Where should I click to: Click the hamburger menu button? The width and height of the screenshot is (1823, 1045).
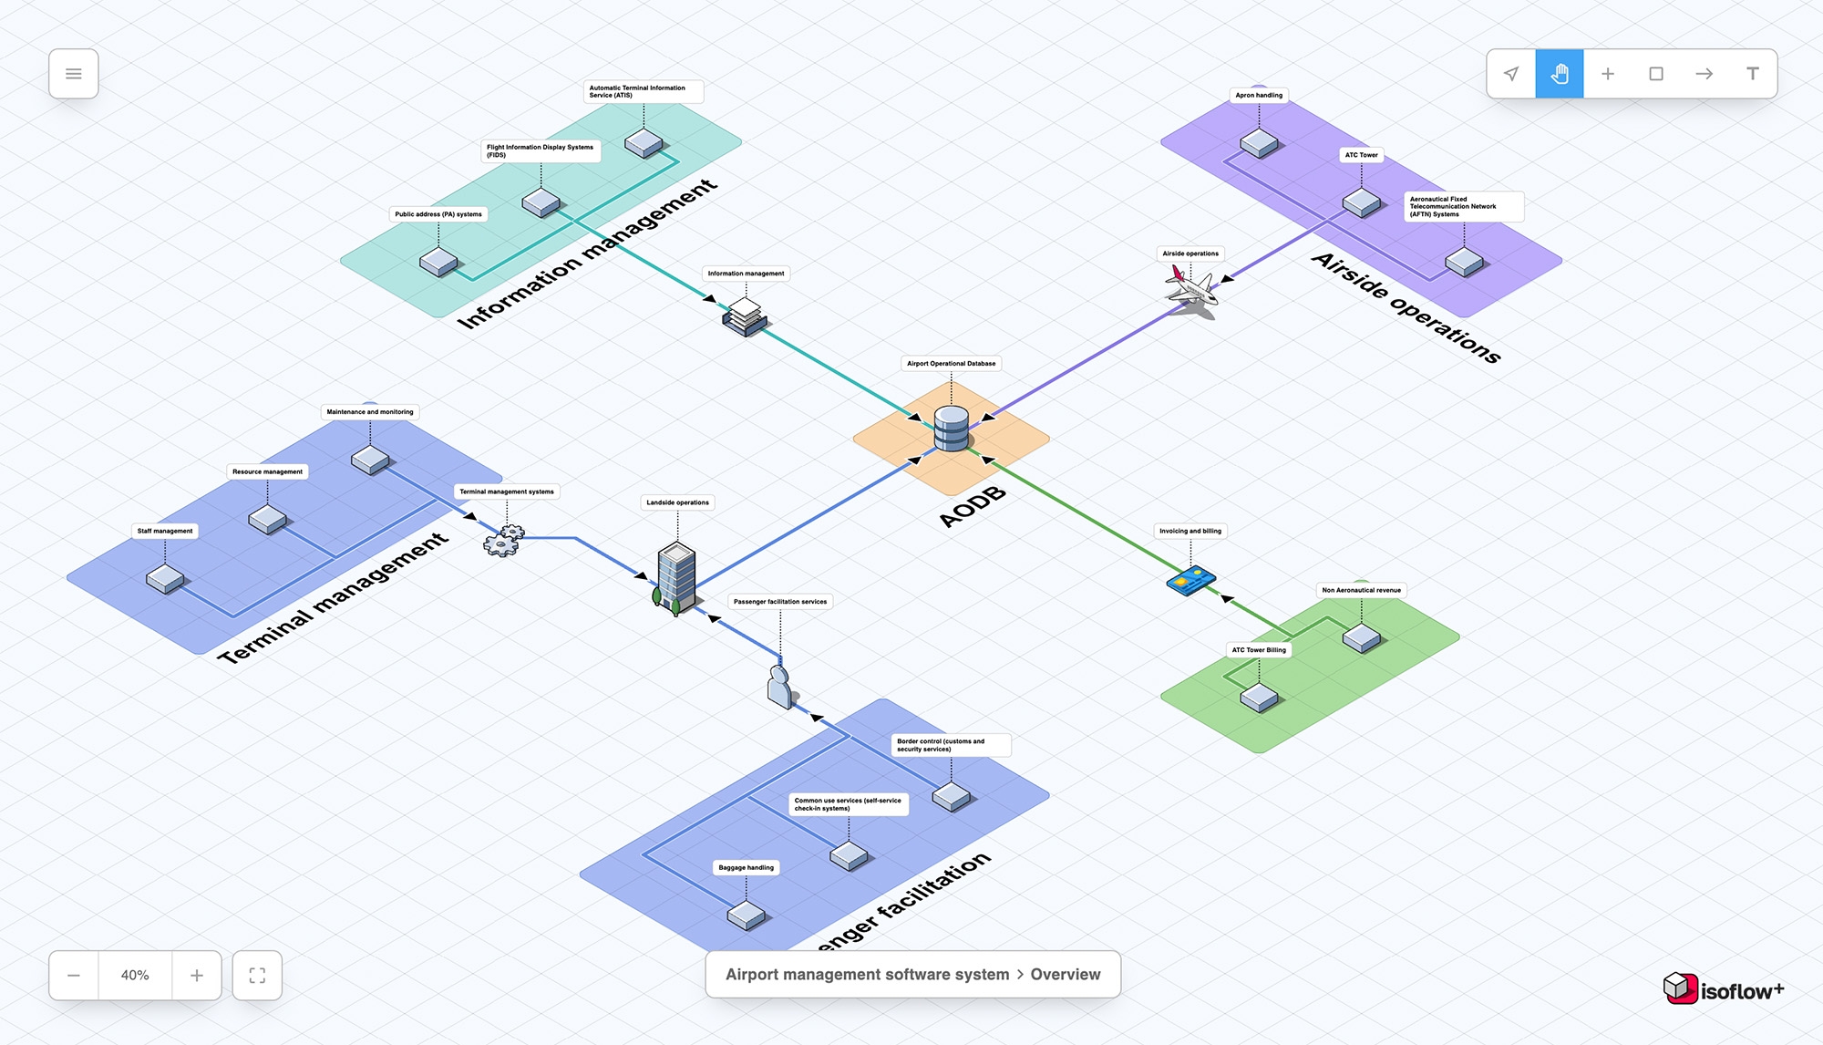[x=74, y=74]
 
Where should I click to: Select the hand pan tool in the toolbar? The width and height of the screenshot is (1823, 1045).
[x=1559, y=74]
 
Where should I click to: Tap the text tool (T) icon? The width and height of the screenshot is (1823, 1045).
[x=1752, y=74]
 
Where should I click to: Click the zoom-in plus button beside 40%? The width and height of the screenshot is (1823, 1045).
[x=197, y=976]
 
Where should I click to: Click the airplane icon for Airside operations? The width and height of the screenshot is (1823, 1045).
[x=1191, y=290]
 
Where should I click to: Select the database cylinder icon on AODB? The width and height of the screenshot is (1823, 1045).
[x=951, y=429]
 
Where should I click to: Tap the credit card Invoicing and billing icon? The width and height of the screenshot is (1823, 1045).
[x=1190, y=580]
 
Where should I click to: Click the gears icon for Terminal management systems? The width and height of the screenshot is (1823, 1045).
[x=503, y=540]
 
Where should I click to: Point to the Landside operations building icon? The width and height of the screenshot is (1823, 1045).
[x=676, y=576]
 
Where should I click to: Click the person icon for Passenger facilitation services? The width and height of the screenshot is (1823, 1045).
[x=779, y=687]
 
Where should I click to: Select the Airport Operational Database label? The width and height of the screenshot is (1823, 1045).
[x=951, y=364]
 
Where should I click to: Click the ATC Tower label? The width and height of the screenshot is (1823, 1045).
[x=1361, y=155]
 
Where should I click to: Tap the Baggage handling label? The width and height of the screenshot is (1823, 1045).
[x=746, y=868]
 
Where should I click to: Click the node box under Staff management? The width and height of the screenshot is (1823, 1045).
[x=165, y=579]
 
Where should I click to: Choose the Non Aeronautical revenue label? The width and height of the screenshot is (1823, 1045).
[x=1361, y=590]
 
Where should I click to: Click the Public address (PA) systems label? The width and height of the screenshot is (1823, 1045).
[x=438, y=214]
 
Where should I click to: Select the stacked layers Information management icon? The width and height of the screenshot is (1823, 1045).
[x=746, y=316]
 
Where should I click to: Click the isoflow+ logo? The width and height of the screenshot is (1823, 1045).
[x=1723, y=989]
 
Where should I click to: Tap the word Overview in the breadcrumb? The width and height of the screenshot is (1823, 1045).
[x=1065, y=975]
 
